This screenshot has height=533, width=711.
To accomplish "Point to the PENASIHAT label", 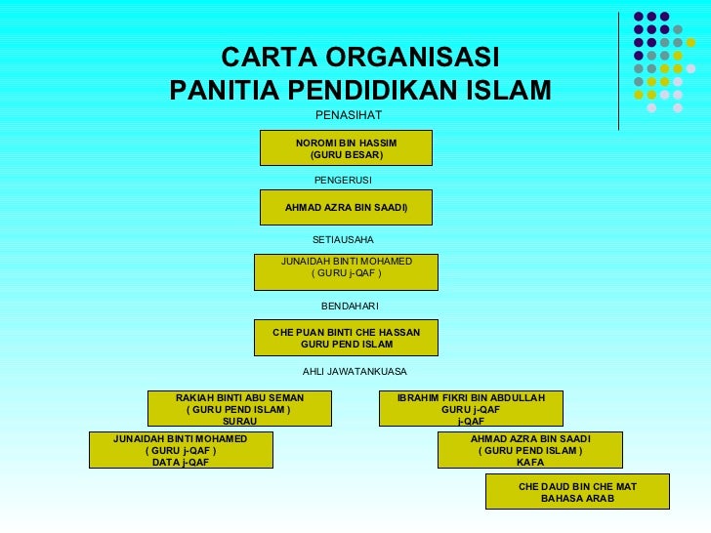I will click(x=342, y=116).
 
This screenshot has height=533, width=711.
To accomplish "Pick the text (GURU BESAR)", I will click(x=346, y=155).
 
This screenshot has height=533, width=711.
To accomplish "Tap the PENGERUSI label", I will click(x=343, y=181).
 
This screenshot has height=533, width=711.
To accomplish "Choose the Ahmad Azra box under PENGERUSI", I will click(x=346, y=208).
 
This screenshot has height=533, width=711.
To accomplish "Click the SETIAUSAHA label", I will click(x=343, y=239).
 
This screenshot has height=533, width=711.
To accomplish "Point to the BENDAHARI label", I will click(x=350, y=307).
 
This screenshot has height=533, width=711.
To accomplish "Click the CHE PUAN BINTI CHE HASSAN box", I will click(x=346, y=338).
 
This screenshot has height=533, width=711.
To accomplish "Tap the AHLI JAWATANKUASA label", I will click(x=355, y=372).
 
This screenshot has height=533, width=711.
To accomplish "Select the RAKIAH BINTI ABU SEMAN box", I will click(x=239, y=408).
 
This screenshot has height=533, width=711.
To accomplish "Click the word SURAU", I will click(x=239, y=422).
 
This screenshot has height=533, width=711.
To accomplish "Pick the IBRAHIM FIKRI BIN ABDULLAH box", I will click(x=471, y=408).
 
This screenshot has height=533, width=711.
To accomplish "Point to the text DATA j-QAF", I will click(x=181, y=463).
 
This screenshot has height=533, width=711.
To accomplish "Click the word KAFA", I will click(x=530, y=463).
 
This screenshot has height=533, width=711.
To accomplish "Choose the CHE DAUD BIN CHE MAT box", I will click(x=577, y=491).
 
